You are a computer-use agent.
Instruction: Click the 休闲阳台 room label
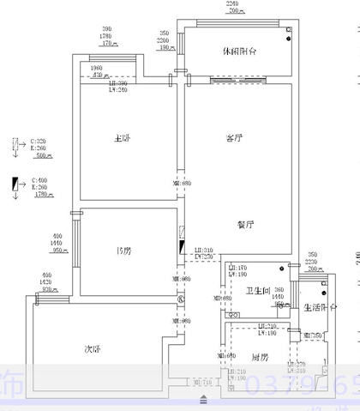click(242, 51)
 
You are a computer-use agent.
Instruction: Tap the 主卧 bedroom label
click(122, 138)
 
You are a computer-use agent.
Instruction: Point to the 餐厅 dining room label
click(247, 225)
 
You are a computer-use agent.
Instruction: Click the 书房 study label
click(123, 251)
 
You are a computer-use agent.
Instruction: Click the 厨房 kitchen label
click(260, 356)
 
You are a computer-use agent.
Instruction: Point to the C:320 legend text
click(39, 141)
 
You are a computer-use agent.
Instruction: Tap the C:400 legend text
click(39, 181)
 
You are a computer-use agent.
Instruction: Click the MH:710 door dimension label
click(203, 382)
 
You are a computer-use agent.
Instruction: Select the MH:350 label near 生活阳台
click(311, 335)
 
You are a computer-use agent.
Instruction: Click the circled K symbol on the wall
click(181, 300)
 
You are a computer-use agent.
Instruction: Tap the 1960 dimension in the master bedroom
click(96, 68)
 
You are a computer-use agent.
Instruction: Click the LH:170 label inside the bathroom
click(237, 269)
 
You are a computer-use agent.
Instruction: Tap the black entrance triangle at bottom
click(203, 398)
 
